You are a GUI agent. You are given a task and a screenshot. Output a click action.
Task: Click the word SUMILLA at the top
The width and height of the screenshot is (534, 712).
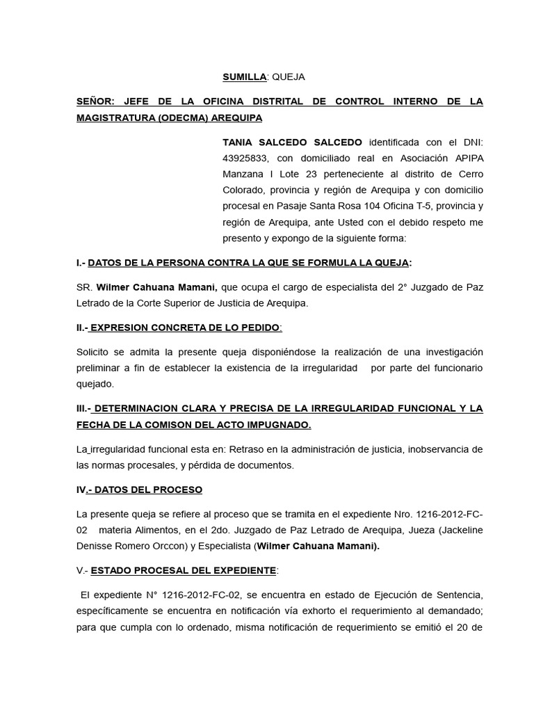pyautogui.click(x=244, y=76)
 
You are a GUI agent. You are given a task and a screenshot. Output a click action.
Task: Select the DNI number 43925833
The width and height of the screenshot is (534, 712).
pyautogui.click(x=245, y=158)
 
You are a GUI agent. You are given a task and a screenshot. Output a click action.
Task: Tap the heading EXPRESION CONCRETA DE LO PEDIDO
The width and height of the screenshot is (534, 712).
pyautogui.click(x=186, y=327)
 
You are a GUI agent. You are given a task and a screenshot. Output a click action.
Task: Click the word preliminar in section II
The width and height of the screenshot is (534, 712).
pyautogui.click(x=101, y=367)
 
